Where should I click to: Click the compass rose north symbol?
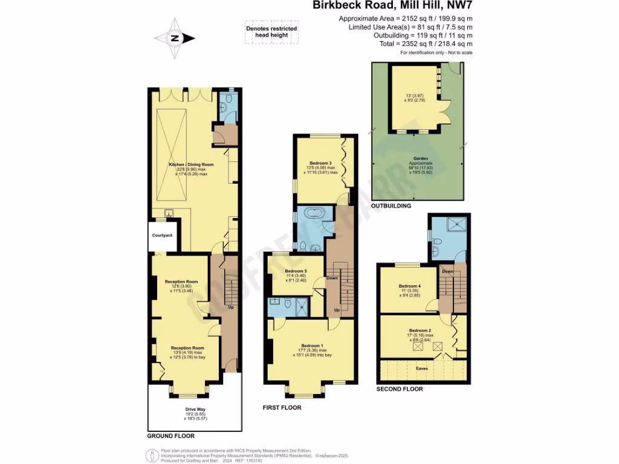[x=175, y=37]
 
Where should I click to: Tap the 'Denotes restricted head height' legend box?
[x=267, y=31]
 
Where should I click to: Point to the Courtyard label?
[x=162, y=235]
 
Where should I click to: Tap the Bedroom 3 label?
[x=320, y=163]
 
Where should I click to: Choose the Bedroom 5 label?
[x=296, y=271]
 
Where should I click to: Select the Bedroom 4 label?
[x=410, y=286]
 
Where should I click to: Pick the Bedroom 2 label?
[x=420, y=330]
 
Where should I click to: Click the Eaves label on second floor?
[x=422, y=367]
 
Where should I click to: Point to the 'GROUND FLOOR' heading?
[x=171, y=436]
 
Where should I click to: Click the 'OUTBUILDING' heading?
[x=391, y=206]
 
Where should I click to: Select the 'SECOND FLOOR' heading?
[x=400, y=389]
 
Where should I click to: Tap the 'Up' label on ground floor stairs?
[x=230, y=308]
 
